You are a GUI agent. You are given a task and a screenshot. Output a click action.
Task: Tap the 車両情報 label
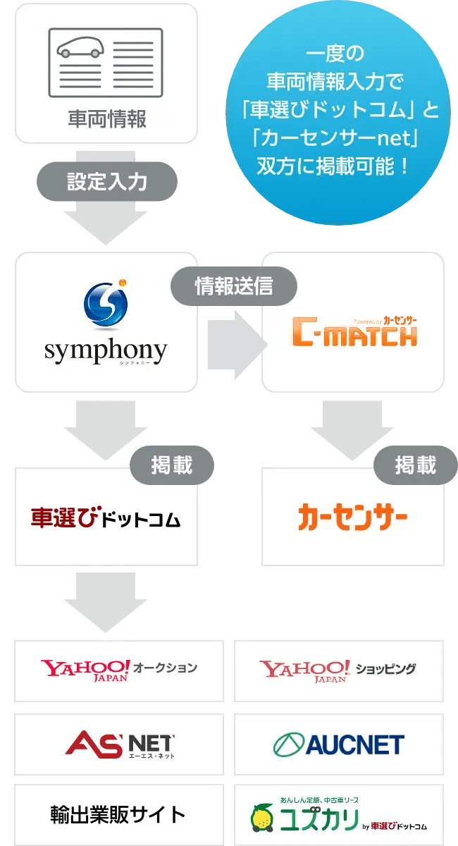coord(106,118)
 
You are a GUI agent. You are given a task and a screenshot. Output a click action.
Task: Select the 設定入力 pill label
coord(106,181)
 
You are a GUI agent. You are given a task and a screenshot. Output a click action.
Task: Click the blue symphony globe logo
coord(106,305)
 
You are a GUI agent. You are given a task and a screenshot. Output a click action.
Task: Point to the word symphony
coord(106,350)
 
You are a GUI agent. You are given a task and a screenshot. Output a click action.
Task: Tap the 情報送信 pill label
coord(233,286)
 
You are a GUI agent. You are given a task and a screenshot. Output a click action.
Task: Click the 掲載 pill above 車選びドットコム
coord(171,465)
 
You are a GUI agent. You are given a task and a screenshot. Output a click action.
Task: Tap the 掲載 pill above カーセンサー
coord(415,465)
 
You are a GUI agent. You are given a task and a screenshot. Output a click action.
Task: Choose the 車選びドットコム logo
coord(106,519)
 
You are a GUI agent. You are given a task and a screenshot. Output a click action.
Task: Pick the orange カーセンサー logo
coord(352,519)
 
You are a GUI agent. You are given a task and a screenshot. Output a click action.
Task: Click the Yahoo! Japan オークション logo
coord(118,670)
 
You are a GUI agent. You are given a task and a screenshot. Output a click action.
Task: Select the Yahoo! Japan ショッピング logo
coord(338,670)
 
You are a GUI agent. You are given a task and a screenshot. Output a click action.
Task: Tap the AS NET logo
coord(119,744)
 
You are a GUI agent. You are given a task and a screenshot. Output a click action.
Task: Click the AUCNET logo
coord(338,744)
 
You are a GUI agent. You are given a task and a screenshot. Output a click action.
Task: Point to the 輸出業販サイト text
coord(118,815)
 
